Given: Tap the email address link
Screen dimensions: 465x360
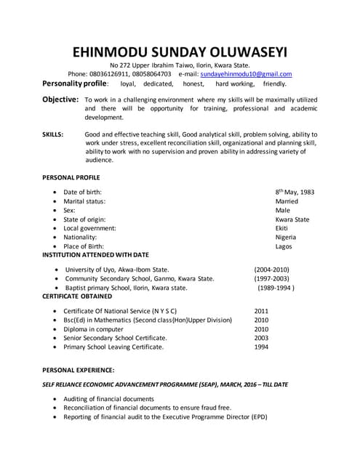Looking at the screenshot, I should (246, 74).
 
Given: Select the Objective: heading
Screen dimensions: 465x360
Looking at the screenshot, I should (60, 99).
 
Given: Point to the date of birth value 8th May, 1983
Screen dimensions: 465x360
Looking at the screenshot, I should (295, 192).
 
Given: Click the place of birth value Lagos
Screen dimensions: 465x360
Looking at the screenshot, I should (284, 246).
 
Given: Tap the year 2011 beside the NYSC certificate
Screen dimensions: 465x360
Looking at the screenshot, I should (261, 311).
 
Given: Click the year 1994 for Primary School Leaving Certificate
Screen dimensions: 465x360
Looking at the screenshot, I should (261, 347).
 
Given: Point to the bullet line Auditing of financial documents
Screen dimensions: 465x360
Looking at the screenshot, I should (108, 399).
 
